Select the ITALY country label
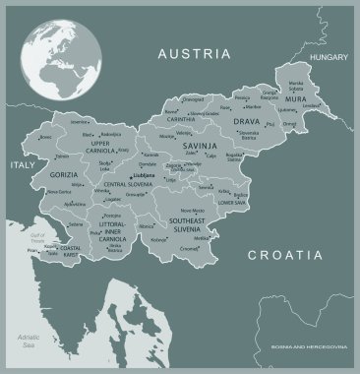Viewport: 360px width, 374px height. tap(22, 166)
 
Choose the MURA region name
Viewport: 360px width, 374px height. tap(296, 99)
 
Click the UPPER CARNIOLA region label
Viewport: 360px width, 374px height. tap(107, 147)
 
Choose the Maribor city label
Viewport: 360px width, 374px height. tap(253, 106)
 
